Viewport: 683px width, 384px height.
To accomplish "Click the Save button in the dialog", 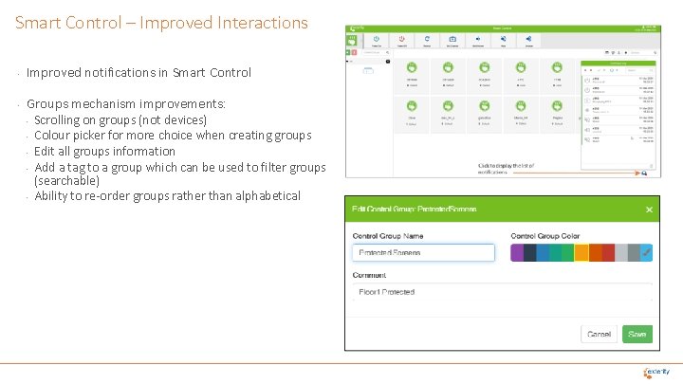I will click(637, 334).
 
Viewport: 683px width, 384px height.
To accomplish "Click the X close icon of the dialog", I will click(649, 210).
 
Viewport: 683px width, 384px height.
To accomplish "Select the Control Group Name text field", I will click(424, 253).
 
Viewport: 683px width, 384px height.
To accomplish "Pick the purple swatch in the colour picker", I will click(517, 253).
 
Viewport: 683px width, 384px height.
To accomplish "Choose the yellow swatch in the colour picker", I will click(581, 253).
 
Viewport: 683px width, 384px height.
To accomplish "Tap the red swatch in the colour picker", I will click(607, 253).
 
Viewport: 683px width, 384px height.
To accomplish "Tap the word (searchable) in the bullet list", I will click(66, 180).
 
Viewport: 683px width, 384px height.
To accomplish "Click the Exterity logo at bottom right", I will click(656, 372).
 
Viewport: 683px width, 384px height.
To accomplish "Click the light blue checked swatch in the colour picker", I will click(646, 253).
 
